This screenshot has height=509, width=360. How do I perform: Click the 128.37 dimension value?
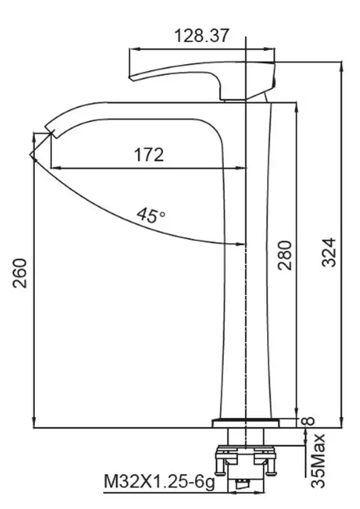click(202, 35)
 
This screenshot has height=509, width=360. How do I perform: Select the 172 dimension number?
click(149, 155)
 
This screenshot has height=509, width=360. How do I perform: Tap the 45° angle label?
click(151, 215)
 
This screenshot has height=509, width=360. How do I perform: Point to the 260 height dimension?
click(20, 273)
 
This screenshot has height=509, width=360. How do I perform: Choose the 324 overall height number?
click(329, 253)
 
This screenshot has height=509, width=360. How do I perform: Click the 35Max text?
click(317, 460)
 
